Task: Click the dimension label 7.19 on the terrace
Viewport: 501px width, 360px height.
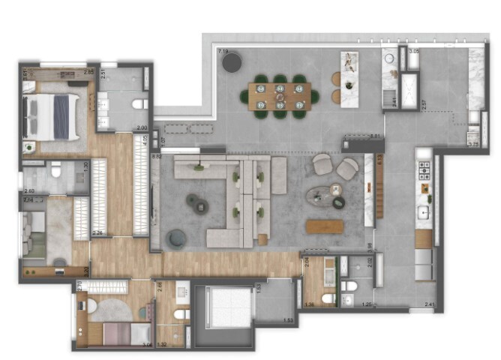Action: (x=223, y=52)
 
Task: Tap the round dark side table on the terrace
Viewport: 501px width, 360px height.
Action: (x=232, y=61)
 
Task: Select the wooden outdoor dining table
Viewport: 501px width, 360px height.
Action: (x=280, y=96)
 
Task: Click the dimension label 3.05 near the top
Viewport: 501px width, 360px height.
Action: (x=414, y=52)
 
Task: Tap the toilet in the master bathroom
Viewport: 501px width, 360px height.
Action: (x=139, y=103)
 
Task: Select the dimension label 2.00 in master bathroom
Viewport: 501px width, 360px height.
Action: (x=141, y=128)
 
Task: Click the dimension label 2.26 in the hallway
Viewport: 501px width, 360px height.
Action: (x=97, y=232)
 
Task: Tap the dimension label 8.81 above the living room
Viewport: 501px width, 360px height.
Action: (x=376, y=136)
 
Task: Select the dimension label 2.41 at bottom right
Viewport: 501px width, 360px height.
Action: (x=429, y=304)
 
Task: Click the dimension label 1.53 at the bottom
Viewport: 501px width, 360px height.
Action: (x=288, y=320)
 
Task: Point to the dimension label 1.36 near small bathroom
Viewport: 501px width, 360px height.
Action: (x=310, y=304)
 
